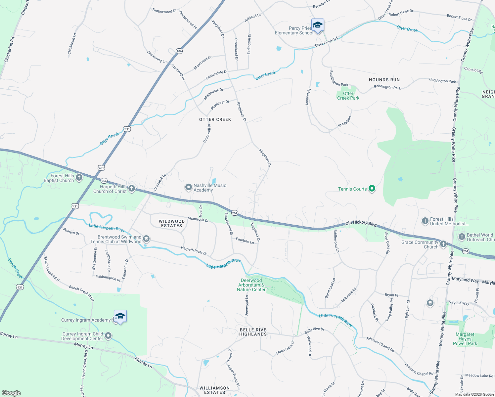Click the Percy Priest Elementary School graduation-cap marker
tap(318, 25)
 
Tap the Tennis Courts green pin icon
tap(372, 189)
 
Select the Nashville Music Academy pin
tap(188, 188)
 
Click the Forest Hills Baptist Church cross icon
tap(79, 178)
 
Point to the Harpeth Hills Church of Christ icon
tap(132, 189)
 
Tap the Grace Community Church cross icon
tap(443, 244)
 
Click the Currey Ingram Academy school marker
tap(120, 316)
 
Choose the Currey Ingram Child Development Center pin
tap(108, 336)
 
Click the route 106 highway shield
tap(179, 51)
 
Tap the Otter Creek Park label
tap(348, 96)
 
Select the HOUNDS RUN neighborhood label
tap(384, 80)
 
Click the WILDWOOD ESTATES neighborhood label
tap(171, 223)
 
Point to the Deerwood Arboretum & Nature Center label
tap(251, 285)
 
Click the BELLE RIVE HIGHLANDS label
tap(253, 332)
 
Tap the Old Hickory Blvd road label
tap(361, 224)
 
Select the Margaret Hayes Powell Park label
tap(465, 339)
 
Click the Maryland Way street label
tap(465, 280)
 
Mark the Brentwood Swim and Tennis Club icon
tap(146, 239)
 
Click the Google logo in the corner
tap(11, 393)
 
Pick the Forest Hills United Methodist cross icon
tap(425, 221)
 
